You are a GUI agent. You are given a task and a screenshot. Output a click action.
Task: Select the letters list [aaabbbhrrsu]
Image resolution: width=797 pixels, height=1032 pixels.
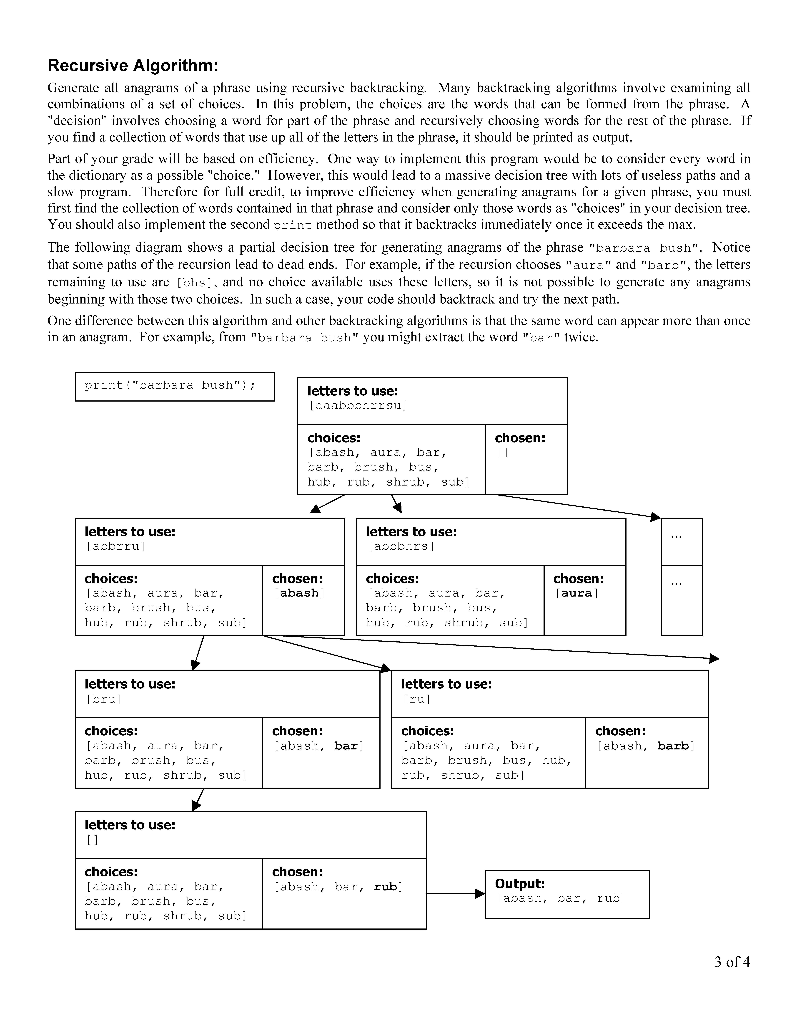357,405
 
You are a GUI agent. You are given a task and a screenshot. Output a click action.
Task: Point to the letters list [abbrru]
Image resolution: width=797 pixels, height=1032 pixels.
116,546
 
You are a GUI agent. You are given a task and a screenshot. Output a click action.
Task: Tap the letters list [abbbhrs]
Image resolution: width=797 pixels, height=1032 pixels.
400,546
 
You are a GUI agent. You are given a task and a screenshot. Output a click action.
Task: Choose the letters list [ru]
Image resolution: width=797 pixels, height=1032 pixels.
416,699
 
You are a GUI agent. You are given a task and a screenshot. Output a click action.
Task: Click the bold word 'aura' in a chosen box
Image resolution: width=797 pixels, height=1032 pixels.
576,593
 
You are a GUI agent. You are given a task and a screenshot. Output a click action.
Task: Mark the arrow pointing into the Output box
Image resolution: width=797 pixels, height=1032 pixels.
456,894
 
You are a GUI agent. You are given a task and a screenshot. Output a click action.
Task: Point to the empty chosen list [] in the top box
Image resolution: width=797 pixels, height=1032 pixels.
503,453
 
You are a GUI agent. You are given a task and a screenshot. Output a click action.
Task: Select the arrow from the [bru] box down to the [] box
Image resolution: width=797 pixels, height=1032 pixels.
198,799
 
